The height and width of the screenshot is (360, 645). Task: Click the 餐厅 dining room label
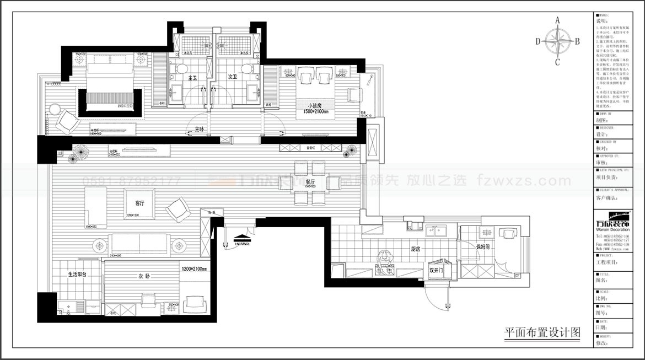click(x=310, y=182)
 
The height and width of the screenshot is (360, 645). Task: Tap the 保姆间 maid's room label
click(x=483, y=247)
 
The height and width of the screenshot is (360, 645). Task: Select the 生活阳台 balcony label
click(x=77, y=274)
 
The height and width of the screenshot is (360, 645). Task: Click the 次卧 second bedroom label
click(x=144, y=276)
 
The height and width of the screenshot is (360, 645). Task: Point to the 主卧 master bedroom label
click(x=200, y=130)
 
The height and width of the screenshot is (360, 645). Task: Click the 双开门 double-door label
click(x=436, y=271)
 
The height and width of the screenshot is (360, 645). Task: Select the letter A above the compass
click(x=557, y=20)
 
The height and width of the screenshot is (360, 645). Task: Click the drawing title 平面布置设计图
click(x=542, y=332)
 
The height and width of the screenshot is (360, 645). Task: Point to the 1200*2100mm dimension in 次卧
click(x=193, y=269)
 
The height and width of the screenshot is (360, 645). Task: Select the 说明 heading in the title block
click(x=601, y=23)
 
